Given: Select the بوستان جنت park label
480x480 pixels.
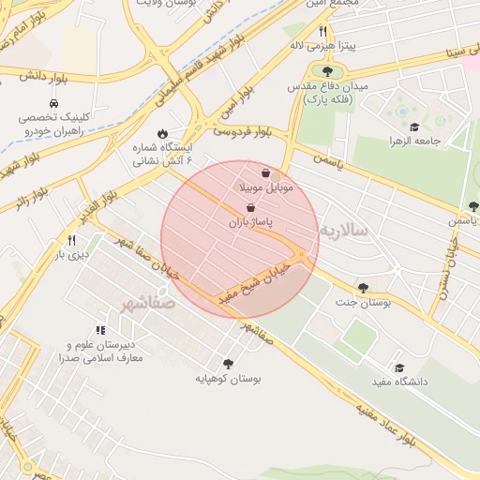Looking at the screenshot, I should [x=361, y=304].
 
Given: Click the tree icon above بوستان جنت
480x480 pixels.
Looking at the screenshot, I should [x=363, y=288].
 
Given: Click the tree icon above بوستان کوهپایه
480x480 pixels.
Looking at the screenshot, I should [x=228, y=364].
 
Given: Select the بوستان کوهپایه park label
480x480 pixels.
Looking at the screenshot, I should [x=227, y=379].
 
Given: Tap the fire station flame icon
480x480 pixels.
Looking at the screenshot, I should [x=163, y=133].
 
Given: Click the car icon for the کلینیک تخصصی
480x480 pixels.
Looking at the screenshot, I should [x=59, y=104].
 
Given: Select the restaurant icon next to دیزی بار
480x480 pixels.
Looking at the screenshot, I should [x=72, y=240].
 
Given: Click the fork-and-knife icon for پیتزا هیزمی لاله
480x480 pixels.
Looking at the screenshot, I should [x=322, y=31].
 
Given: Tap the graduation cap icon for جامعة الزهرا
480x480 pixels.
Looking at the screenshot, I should [x=413, y=127].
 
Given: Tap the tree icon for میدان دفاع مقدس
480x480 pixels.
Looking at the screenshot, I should [x=327, y=71].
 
